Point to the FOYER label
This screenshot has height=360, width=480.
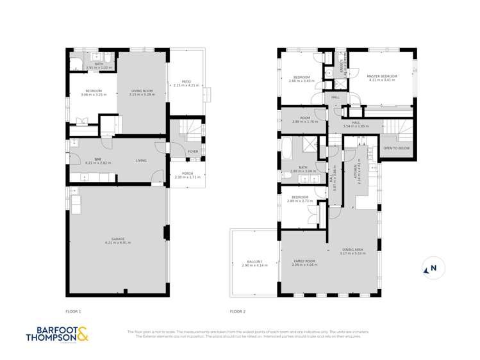[x=192, y=152]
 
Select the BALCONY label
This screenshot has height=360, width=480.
[x=254, y=263]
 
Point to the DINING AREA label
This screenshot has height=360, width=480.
[x=352, y=252]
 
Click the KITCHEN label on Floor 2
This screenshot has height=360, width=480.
[x=360, y=172]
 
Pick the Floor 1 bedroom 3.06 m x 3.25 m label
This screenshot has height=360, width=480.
[x=84, y=92]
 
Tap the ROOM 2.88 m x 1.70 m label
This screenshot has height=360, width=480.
[x=301, y=120]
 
